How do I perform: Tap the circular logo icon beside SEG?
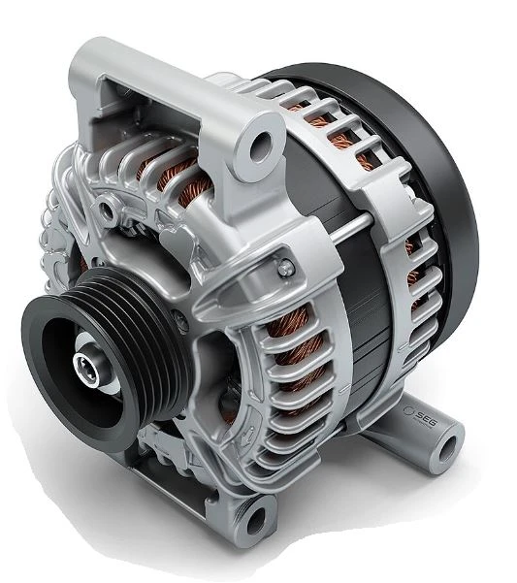(408, 409)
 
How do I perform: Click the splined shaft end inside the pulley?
(86, 365)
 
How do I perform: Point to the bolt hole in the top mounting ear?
(262, 144)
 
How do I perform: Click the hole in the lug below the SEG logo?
(447, 449)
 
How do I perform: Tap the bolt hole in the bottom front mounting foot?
(256, 520)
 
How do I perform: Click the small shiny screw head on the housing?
(286, 267)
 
